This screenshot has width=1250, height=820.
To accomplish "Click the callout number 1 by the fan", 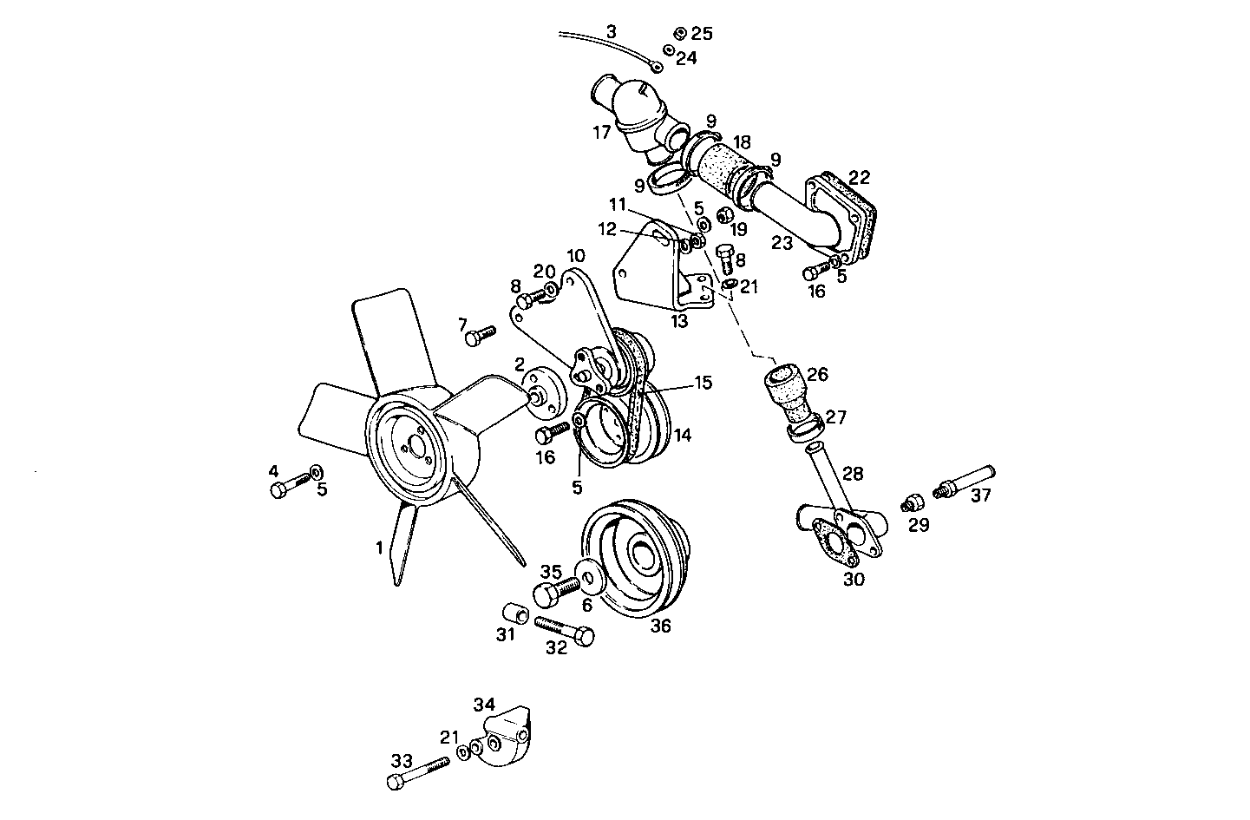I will (x=378, y=548).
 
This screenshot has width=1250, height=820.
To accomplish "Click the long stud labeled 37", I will (x=965, y=482).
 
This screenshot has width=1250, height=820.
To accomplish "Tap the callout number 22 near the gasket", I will (x=859, y=177).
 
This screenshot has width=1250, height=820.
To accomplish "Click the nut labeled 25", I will (x=679, y=34).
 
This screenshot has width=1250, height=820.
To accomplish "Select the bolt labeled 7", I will (x=479, y=335).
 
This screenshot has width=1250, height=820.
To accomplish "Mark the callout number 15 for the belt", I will (x=703, y=383).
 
